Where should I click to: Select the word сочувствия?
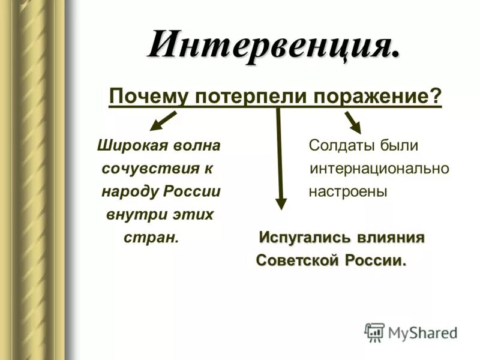[x=150, y=169]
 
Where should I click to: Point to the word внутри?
[x=132, y=214]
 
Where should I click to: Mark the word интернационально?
[x=379, y=169]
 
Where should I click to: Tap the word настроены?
[x=348, y=191]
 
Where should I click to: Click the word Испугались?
[x=304, y=238]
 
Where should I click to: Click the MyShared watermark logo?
[x=412, y=332]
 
